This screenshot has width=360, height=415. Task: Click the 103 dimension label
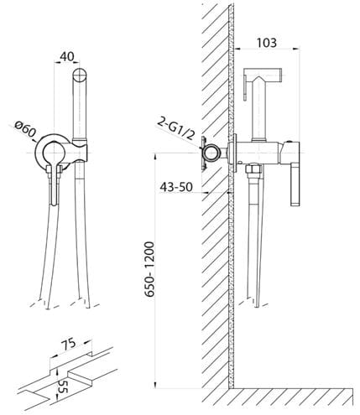click(266, 43)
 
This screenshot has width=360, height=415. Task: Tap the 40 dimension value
click(67, 57)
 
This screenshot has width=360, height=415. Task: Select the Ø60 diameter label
click(26, 130)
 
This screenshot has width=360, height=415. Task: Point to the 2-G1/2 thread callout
click(176, 128)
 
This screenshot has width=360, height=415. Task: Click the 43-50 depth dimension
click(176, 186)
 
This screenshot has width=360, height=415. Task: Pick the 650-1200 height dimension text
click(149, 269)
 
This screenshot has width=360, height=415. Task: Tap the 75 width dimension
click(69, 345)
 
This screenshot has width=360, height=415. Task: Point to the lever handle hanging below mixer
click(295, 185)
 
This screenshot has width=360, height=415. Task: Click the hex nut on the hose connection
click(253, 169)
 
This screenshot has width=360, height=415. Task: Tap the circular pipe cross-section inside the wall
click(211, 153)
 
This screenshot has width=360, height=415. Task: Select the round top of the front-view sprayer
click(80, 75)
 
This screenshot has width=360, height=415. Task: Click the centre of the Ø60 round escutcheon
click(54, 153)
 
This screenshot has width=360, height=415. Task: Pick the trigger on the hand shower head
click(245, 88)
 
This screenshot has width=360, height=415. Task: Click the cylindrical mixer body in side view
click(258, 153)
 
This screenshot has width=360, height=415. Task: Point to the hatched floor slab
click(291, 396)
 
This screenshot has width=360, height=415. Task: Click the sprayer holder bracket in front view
click(79, 150)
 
